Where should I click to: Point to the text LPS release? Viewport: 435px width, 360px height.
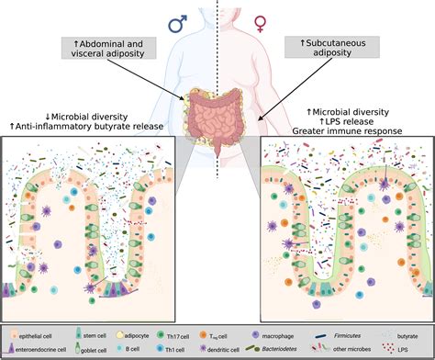pos(344,120)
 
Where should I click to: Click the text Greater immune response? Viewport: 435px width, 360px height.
pos(344,131)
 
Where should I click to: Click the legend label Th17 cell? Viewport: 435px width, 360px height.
pos(217,327)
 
